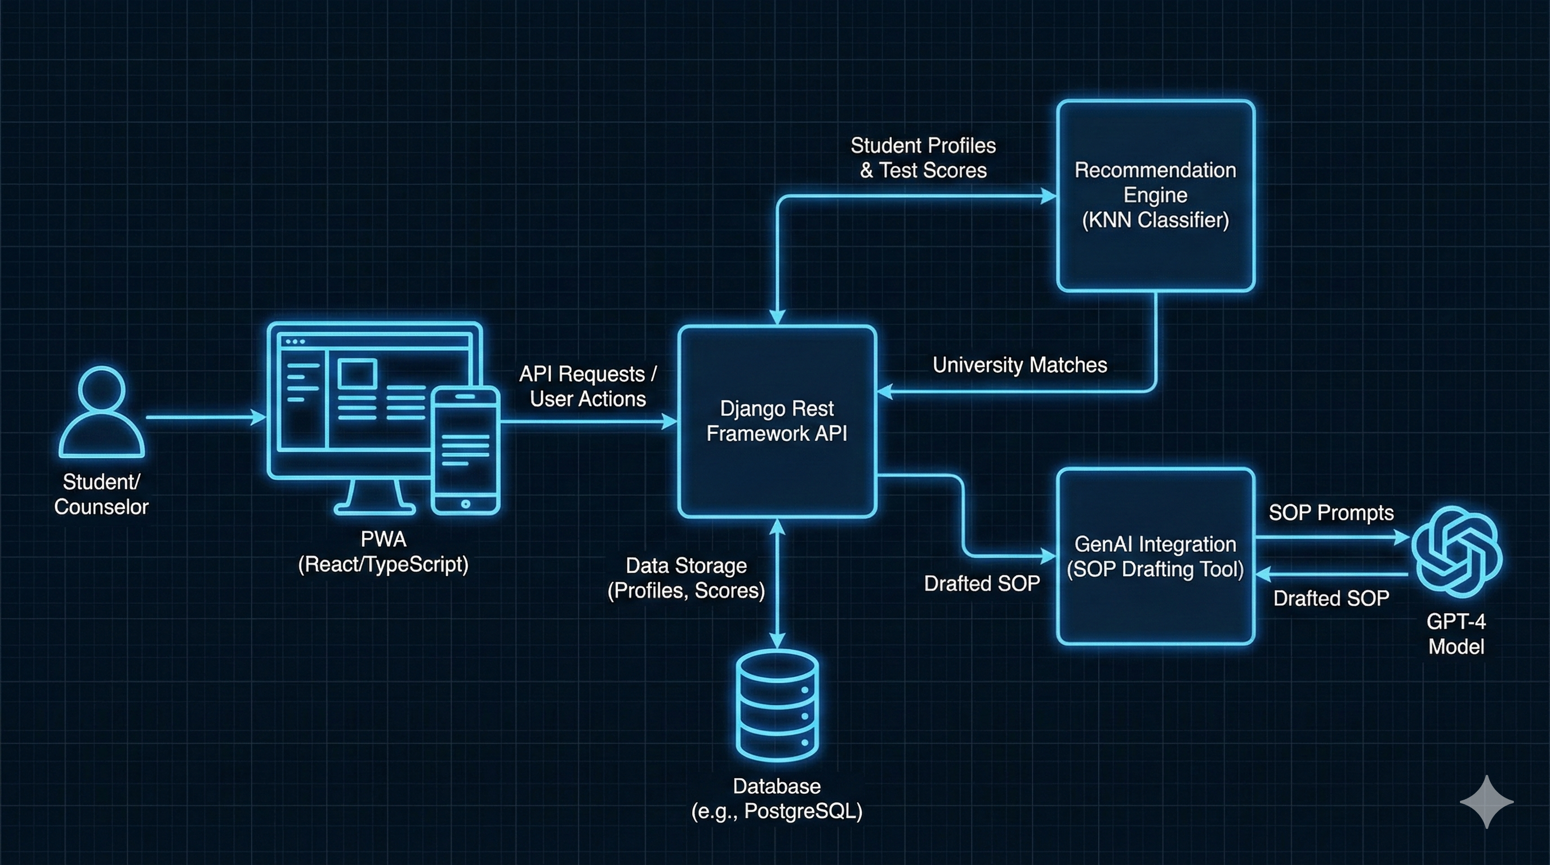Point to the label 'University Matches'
(x=1019, y=365)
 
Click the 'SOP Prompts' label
(x=1331, y=512)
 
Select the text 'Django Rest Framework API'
(x=777, y=421)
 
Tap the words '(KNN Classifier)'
(x=1155, y=220)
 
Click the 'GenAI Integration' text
(x=1155, y=545)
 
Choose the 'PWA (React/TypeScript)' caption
(x=384, y=551)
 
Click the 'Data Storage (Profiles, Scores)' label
(x=686, y=578)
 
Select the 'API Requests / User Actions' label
(x=588, y=386)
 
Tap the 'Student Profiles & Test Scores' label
(x=923, y=158)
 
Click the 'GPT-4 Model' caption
(x=1456, y=634)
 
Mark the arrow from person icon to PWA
(x=204, y=417)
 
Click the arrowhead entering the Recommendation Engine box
(x=1049, y=196)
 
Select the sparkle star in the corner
(x=1486, y=802)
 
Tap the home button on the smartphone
(x=465, y=504)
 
